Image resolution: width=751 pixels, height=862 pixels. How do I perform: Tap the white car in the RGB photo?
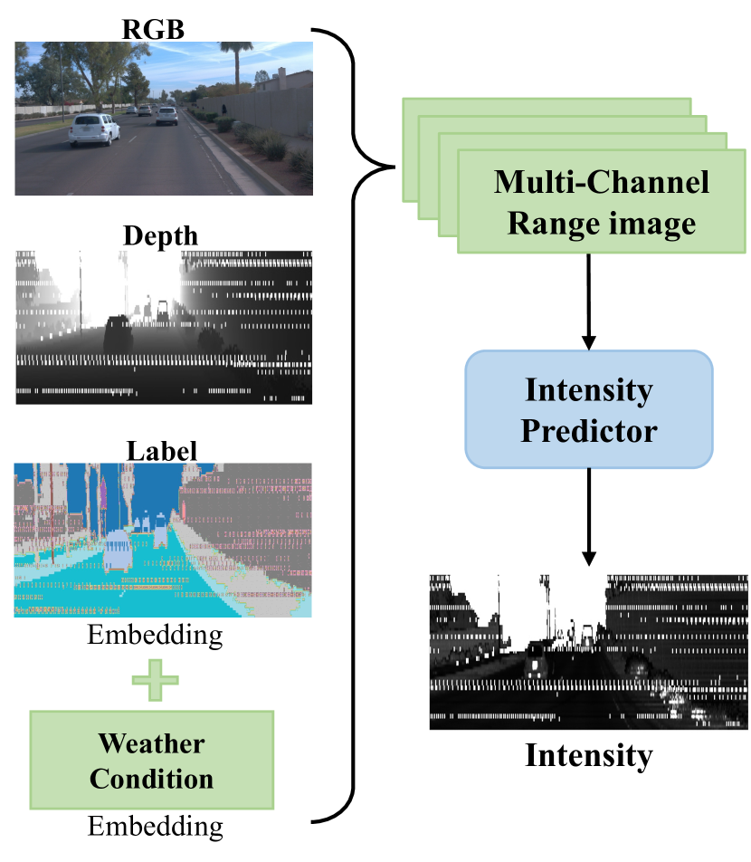tap(94, 129)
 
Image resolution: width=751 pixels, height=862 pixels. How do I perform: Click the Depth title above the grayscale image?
tap(161, 235)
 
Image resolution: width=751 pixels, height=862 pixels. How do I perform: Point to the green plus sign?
tap(155, 678)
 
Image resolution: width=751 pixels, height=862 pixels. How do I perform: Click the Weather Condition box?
tap(151, 759)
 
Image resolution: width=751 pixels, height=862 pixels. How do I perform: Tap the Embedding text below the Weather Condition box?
tap(155, 825)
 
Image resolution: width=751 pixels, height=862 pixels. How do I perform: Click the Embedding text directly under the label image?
tap(155, 635)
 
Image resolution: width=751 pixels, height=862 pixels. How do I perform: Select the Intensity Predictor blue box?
tap(588, 409)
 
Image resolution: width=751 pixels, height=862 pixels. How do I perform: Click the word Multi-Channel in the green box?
tap(602, 183)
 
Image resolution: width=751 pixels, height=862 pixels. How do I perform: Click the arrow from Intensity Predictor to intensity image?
tap(589, 516)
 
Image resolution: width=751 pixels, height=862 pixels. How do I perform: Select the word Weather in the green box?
tap(151, 744)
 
